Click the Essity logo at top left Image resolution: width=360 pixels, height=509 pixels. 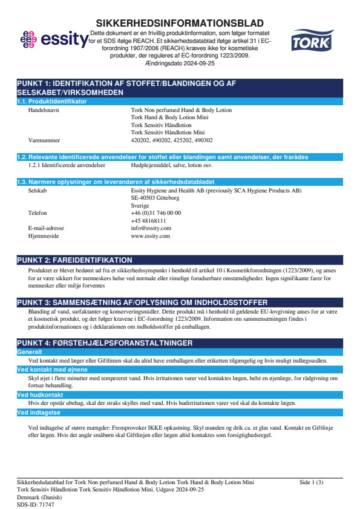pos(53,41)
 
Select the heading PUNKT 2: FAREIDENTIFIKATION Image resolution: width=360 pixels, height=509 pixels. pos(74,260)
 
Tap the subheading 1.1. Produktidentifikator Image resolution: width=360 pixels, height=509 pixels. pos(52,101)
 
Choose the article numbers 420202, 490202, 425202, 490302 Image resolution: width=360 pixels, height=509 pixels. pos(172,140)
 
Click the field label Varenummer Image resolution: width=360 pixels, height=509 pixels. pos(44,140)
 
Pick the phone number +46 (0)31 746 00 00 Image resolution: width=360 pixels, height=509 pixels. pos(155,213)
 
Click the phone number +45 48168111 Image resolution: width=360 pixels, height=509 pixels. pos(148,221)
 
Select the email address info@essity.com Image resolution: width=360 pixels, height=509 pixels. pos(151,228)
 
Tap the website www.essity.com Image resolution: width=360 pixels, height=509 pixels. pos(150,236)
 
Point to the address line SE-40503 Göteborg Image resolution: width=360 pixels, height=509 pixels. pos(155,197)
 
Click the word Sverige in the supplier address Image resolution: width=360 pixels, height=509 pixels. pos(140,205)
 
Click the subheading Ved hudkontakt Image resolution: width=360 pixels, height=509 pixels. pos(40,395)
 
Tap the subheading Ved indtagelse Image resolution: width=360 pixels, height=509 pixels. pos(39,413)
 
